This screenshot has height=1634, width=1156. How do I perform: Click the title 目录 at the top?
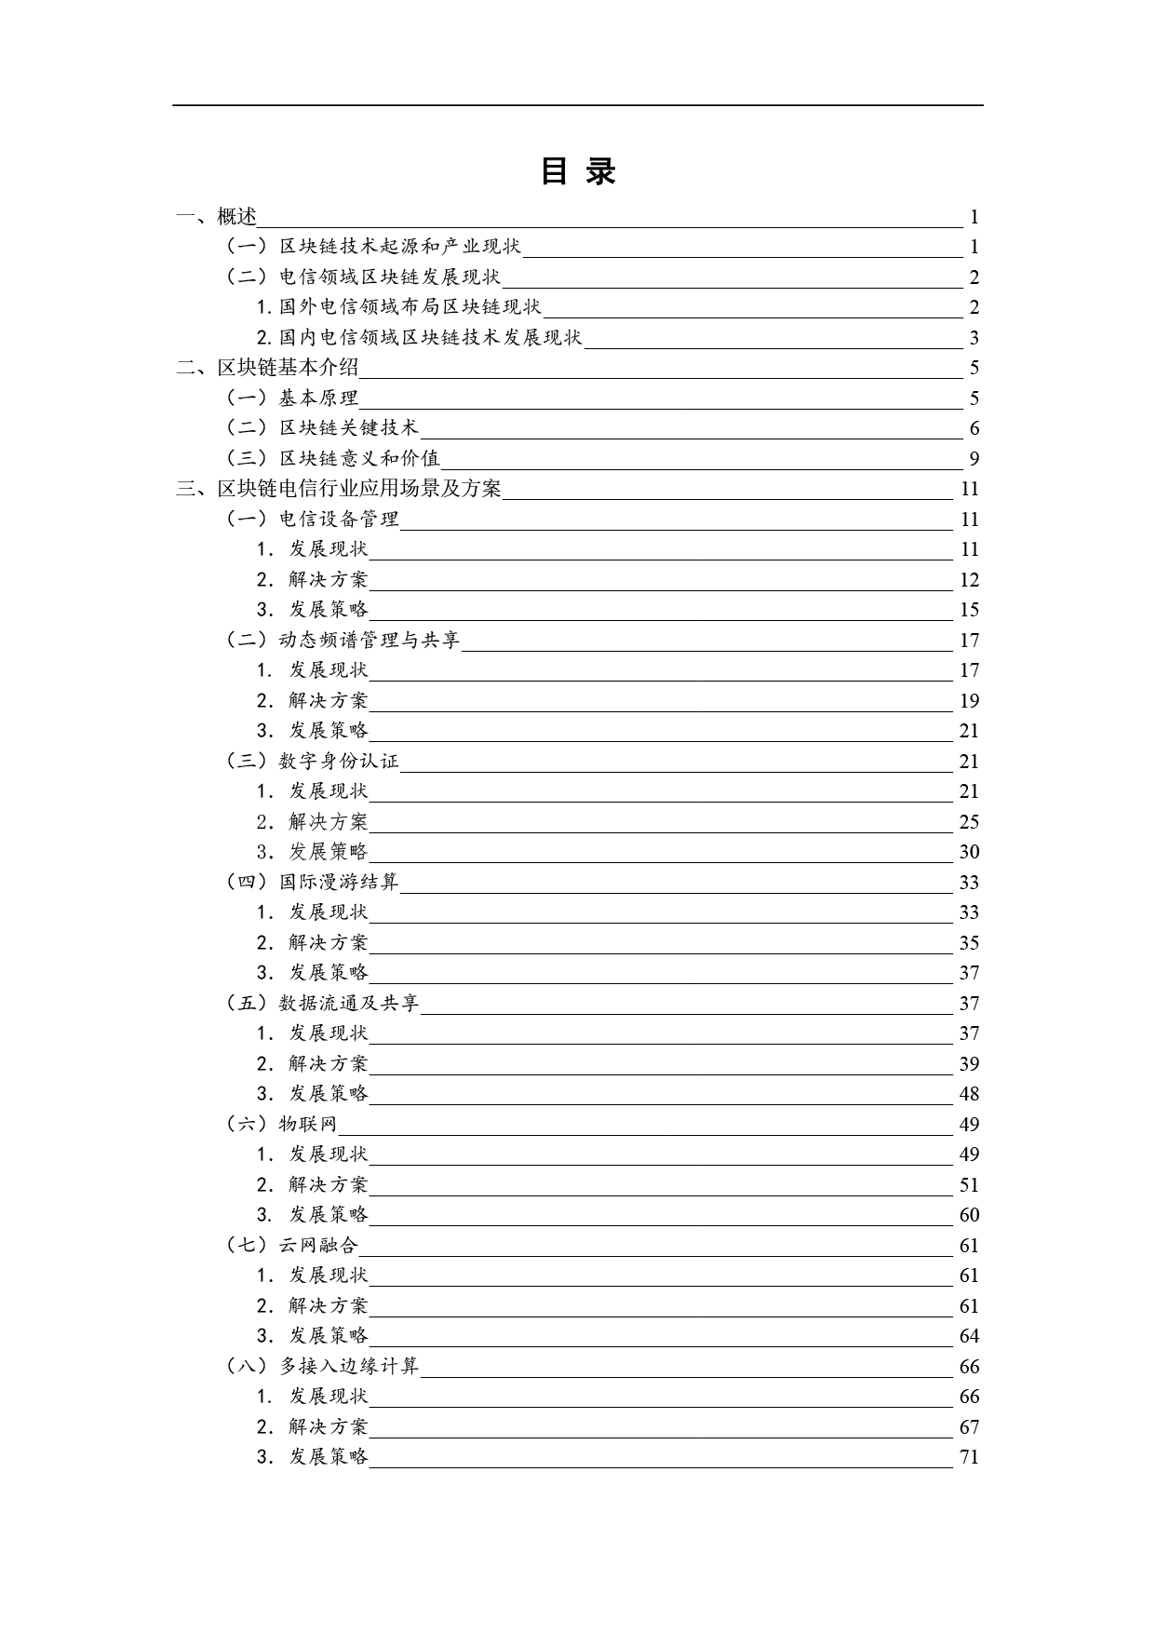(578, 171)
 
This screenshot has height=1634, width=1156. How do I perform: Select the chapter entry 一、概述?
(217, 217)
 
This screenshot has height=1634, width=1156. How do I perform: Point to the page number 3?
(974, 338)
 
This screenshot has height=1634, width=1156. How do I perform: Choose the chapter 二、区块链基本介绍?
(268, 368)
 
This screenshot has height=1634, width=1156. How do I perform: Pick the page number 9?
(974, 459)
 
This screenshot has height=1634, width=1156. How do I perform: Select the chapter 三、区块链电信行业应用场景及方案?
(340, 489)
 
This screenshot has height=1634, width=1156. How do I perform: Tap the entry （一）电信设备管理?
(313, 520)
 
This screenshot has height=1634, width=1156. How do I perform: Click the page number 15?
(969, 610)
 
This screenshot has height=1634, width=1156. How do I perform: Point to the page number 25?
(969, 822)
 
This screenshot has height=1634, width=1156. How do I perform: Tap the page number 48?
(969, 1094)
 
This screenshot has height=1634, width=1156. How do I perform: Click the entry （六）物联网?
(282, 1125)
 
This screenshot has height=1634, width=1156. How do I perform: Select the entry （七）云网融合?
(292, 1246)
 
